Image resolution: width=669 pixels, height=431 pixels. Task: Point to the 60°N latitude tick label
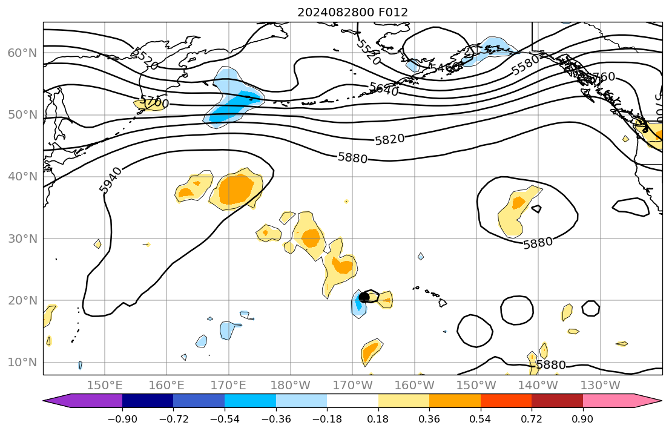tap(22, 53)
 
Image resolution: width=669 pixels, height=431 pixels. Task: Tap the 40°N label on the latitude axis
tap(22, 177)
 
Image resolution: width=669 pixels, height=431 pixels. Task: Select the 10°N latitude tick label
tap(22, 363)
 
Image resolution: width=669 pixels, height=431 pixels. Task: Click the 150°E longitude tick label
tap(105, 386)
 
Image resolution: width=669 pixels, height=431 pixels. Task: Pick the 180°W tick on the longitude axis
tap(291, 386)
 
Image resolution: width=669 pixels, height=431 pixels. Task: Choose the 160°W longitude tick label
tap(415, 386)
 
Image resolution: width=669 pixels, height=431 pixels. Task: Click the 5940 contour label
tap(110, 180)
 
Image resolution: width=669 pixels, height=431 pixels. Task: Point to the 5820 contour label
tap(389, 139)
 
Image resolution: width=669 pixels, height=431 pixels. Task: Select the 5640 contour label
tap(384, 90)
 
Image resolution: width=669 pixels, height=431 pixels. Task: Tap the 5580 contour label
tap(525, 65)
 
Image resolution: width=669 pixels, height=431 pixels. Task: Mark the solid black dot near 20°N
tap(364, 297)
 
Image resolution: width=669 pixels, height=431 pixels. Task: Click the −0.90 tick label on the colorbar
tap(122, 418)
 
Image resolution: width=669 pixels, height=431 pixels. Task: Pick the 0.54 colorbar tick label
tap(480, 418)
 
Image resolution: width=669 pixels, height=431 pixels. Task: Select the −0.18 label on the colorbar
tap(327, 418)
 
